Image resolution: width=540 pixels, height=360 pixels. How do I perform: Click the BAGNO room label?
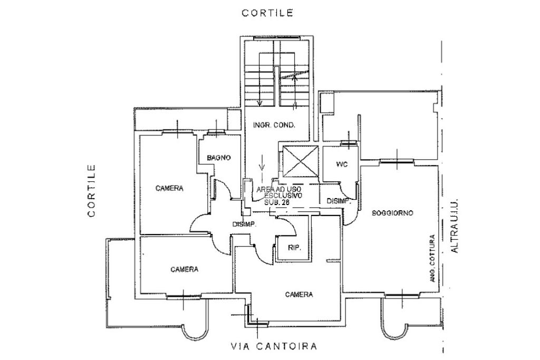[218, 158]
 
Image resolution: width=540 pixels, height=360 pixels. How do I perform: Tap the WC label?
[341, 164]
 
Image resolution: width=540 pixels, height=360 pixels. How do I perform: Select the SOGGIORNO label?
[392, 213]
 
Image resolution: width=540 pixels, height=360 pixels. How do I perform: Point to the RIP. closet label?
[294, 248]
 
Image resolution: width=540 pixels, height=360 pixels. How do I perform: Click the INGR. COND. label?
[274, 125]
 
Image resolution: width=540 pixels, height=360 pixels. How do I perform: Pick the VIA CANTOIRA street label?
[274, 346]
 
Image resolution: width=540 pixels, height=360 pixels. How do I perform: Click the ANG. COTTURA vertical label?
[432, 257]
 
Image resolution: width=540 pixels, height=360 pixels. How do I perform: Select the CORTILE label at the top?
[267, 13]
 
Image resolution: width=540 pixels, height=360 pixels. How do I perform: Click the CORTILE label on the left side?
[92, 191]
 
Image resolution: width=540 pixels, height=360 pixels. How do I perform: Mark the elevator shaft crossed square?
[300, 161]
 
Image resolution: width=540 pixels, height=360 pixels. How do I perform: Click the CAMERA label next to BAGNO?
[169, 188]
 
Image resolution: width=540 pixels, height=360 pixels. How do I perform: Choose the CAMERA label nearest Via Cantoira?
[299, 294]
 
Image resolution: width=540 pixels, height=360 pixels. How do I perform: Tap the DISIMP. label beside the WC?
[339, 201]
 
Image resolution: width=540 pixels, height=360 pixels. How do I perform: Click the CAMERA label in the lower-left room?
[185, 269]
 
